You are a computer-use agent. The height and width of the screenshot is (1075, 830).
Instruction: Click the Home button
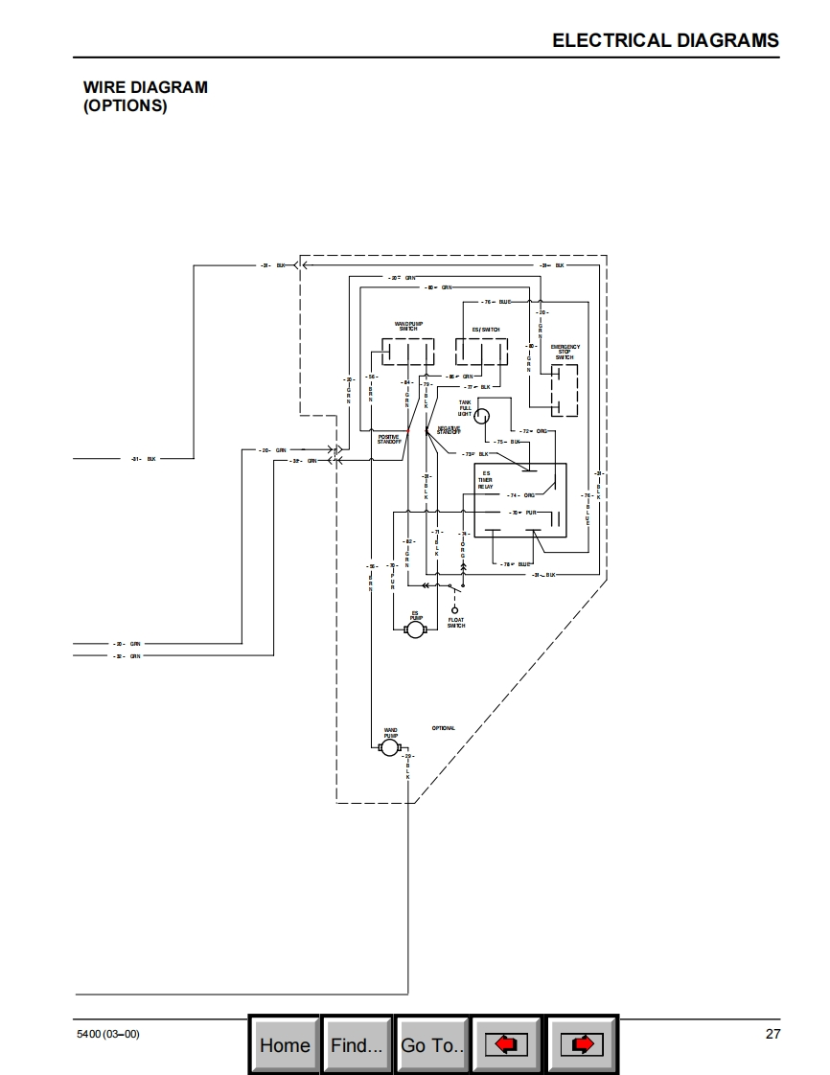285,1044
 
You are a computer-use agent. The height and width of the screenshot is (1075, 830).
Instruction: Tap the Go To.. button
432,1044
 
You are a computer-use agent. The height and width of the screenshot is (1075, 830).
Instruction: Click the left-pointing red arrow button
506,1044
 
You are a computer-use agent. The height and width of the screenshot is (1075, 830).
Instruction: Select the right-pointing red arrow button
582,1044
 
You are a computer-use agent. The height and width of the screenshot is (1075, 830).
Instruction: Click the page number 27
772,1034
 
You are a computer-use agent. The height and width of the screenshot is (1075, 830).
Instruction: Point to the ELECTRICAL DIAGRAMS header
665,40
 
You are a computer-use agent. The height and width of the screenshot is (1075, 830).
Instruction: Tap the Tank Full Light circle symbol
483,416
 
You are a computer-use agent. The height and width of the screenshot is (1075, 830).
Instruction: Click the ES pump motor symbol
415,630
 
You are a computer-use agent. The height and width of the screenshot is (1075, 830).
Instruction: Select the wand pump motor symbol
389,747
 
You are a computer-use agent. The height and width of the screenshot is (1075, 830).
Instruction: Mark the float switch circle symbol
455,610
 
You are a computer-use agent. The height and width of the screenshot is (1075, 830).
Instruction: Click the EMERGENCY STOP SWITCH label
565,352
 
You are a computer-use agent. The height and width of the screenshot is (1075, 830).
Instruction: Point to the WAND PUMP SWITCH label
408,327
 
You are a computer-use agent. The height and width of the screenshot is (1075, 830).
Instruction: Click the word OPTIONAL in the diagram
444,728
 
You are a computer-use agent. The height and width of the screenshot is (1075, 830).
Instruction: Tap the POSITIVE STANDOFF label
389,439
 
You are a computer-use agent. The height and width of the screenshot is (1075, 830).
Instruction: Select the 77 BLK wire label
478,387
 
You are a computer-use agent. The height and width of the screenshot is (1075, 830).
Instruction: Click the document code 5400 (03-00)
107,1034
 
